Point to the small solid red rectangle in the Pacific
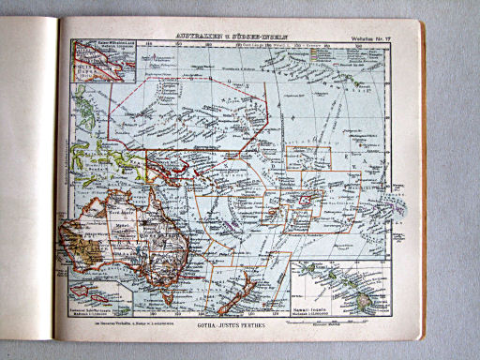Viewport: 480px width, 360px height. [x=307, y=198]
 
